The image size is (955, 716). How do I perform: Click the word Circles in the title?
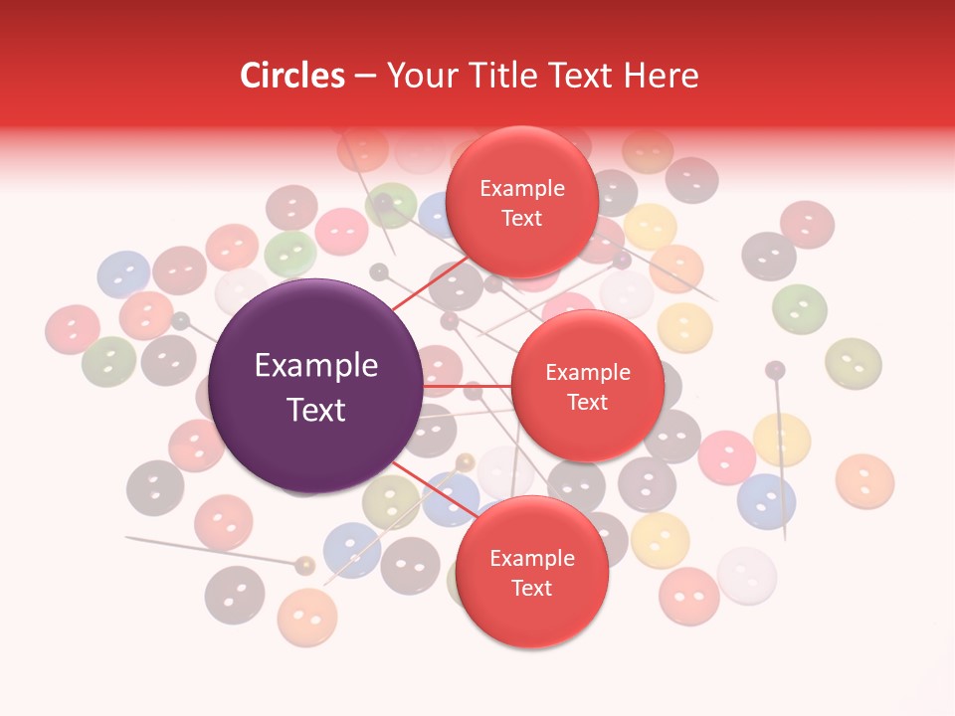tap(291, 76)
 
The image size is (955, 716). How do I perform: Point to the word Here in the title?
tap(664, 76)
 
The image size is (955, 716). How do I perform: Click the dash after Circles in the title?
tap(365, 77)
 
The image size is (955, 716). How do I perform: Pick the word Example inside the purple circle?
tap(316, 366)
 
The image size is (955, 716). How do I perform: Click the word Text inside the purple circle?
tap(316, 410)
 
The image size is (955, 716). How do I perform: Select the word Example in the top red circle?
tap(522, 189)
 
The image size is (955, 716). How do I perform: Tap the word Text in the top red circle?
tap(522, 219)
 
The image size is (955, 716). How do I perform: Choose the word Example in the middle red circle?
tap(588, 373)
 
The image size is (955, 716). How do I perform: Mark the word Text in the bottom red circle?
tap(531, 589)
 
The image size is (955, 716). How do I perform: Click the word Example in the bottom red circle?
tap(531, 559)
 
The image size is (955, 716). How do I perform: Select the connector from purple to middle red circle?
tap(467, 385)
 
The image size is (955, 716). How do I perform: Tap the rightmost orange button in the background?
tap(864, 480)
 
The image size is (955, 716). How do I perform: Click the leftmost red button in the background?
tap(73, 329)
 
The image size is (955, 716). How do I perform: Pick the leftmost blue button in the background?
tap(124, 274)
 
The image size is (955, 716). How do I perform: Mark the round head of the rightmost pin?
tap(775, 370)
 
